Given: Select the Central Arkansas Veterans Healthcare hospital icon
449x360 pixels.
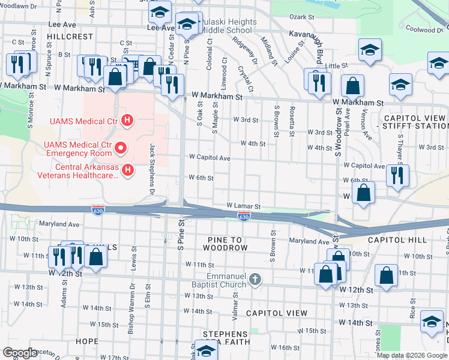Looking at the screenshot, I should [x=127, y=171].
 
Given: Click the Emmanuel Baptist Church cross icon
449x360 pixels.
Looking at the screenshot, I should [x=255, y=279].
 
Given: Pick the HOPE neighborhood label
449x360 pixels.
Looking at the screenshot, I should [x=87, y=341].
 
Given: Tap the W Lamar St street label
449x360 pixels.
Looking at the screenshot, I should [x=243, y=206].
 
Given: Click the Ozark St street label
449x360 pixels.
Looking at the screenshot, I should [x=302, y=18].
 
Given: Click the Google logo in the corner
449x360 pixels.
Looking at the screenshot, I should [x=20, y=353].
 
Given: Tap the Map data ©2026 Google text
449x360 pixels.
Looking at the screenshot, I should [x=412, y=355].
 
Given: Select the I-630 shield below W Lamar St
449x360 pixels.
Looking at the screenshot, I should [x=244, y=215].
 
